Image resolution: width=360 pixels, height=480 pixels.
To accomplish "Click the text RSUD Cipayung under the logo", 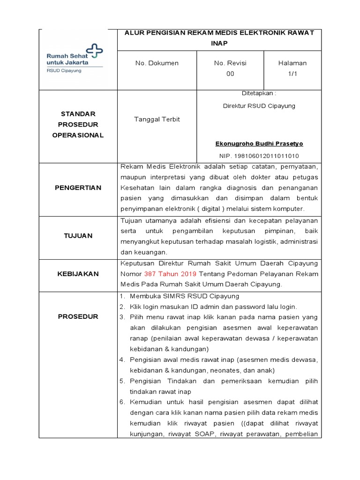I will [64, 71].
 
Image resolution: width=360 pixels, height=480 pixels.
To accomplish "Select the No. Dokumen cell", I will [157, 63].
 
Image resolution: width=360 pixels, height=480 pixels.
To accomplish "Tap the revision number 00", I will [230, 74].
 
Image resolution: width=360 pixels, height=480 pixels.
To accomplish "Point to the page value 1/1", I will [292, 74].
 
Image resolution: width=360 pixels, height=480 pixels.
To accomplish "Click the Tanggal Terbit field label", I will [157, 119].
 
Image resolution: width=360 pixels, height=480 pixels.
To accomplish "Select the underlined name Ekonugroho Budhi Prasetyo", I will [259, 143].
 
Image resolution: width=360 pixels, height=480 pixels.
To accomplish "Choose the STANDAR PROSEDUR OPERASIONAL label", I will [78, 124].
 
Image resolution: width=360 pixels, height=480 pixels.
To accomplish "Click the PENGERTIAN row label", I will [78, 187].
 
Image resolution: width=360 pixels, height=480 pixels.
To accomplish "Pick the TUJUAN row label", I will [78, 236].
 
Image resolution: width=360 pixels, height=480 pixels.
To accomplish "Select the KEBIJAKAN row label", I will [78, 274].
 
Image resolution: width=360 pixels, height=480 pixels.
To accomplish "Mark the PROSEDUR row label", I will [78, 316].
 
